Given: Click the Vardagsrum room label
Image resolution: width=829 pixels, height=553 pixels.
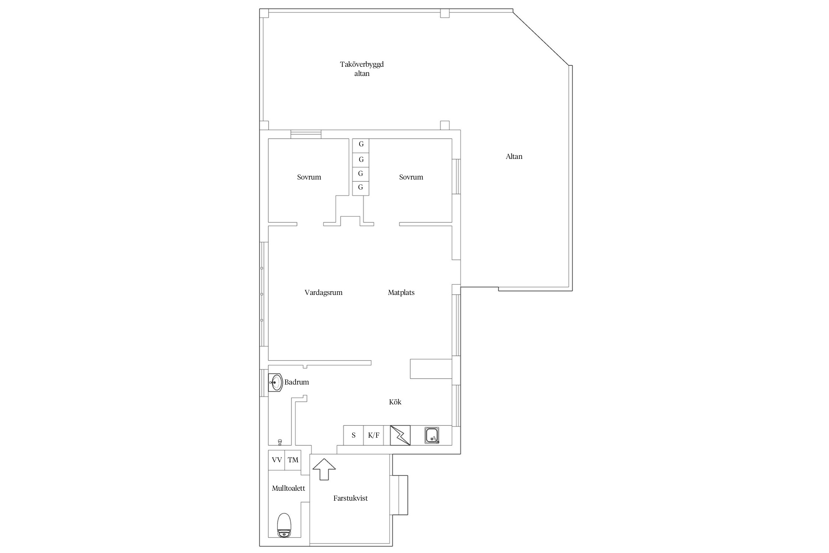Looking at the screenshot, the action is tap(323, 293).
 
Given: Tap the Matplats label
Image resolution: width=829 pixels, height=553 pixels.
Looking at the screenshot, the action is tap(401, 293).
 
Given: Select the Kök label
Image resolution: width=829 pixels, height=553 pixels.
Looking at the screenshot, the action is tap(395, 402).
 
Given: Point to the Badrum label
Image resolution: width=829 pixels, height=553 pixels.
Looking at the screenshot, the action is tap(297, 382).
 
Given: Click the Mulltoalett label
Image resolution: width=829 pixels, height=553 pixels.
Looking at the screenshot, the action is tap(288, 488).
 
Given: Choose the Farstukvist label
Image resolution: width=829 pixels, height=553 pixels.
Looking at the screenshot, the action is tap(350, 498).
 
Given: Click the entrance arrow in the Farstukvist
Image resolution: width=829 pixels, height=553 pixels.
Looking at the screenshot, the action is tap(324, 469).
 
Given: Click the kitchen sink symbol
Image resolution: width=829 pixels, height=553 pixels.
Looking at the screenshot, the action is tap(432, 435).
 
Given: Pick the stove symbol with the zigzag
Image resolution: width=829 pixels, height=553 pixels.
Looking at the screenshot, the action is tap(400, 435).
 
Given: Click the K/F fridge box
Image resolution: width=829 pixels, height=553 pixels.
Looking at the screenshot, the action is tap(374, 435).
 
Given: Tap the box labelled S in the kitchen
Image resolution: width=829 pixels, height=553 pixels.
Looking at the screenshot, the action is tap(354, 435).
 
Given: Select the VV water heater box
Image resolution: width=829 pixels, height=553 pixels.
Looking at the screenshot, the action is tap(277, 460).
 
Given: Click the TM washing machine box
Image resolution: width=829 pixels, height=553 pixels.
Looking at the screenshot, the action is tap(293, 460).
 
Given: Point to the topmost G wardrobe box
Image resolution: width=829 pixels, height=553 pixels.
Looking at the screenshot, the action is tap(361, 145).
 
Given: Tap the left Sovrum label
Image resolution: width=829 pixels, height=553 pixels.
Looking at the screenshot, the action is tap(309, 177).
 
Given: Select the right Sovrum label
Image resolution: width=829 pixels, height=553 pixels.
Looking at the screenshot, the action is tap(411, 177).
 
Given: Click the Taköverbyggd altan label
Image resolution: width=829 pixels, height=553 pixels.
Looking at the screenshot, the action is tap(362, 69).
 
